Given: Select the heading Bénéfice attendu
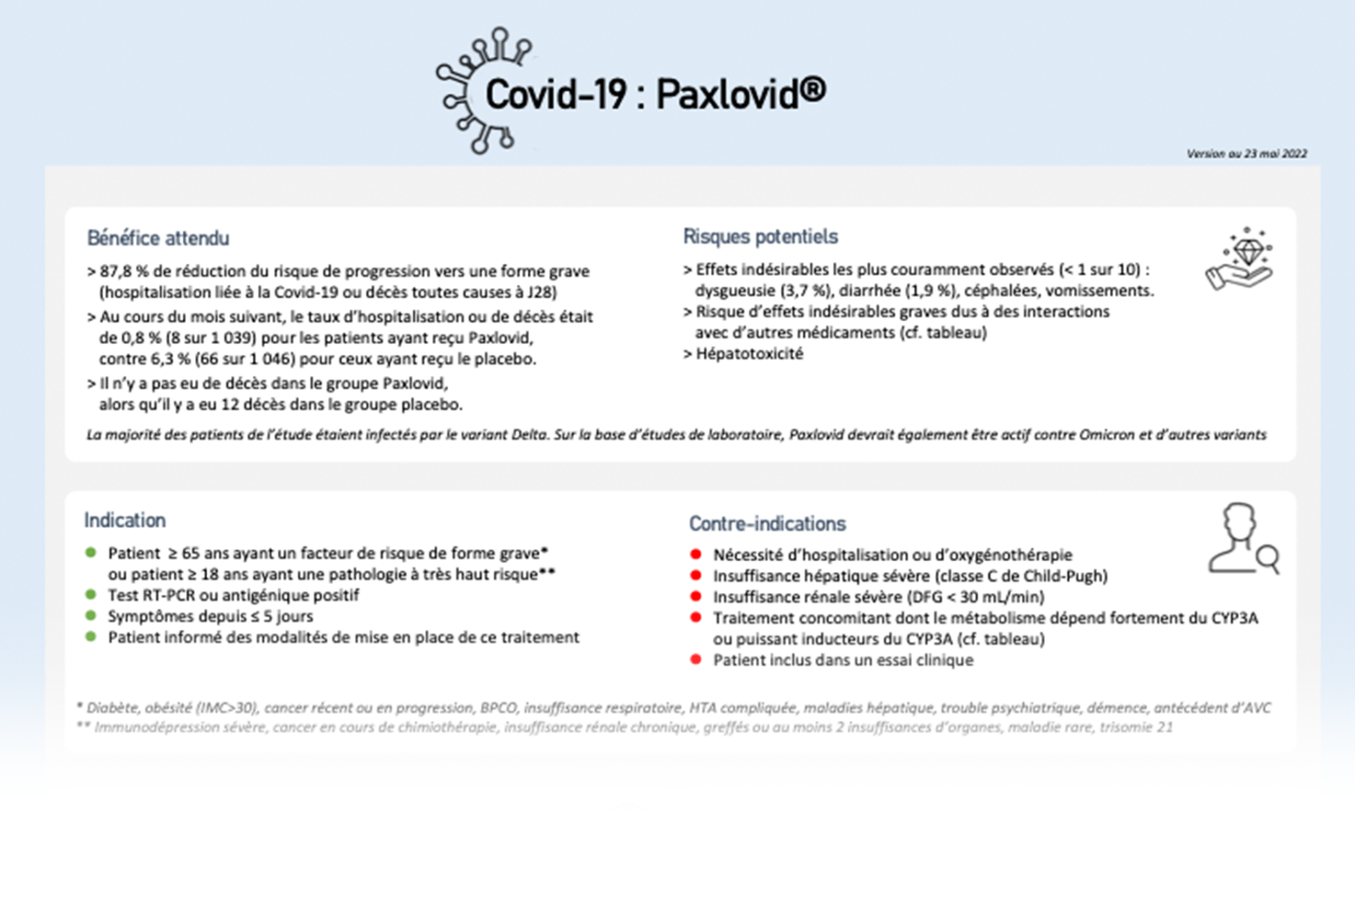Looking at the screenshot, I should (158, 238).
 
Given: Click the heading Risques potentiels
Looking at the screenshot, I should (760, 237).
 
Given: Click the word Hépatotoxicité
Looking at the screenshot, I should (749, 354).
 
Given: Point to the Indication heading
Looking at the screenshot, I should (124, 521).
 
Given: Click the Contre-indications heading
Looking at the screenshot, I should (767, 524).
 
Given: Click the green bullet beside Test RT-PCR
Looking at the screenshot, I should (91, 595).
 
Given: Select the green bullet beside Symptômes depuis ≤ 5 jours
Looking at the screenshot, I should (91, 616).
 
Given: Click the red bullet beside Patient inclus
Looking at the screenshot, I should (696, 660).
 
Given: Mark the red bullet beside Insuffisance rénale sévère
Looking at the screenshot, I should (696, 597).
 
